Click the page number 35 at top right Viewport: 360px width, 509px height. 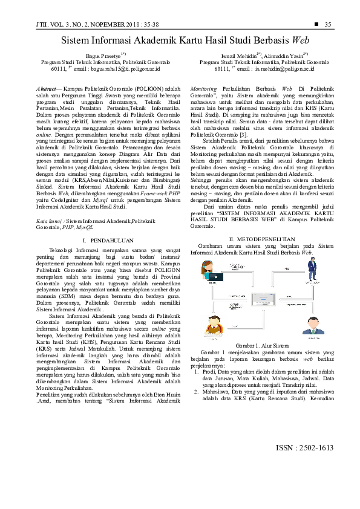pyautogui.click(x=329, y=24)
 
